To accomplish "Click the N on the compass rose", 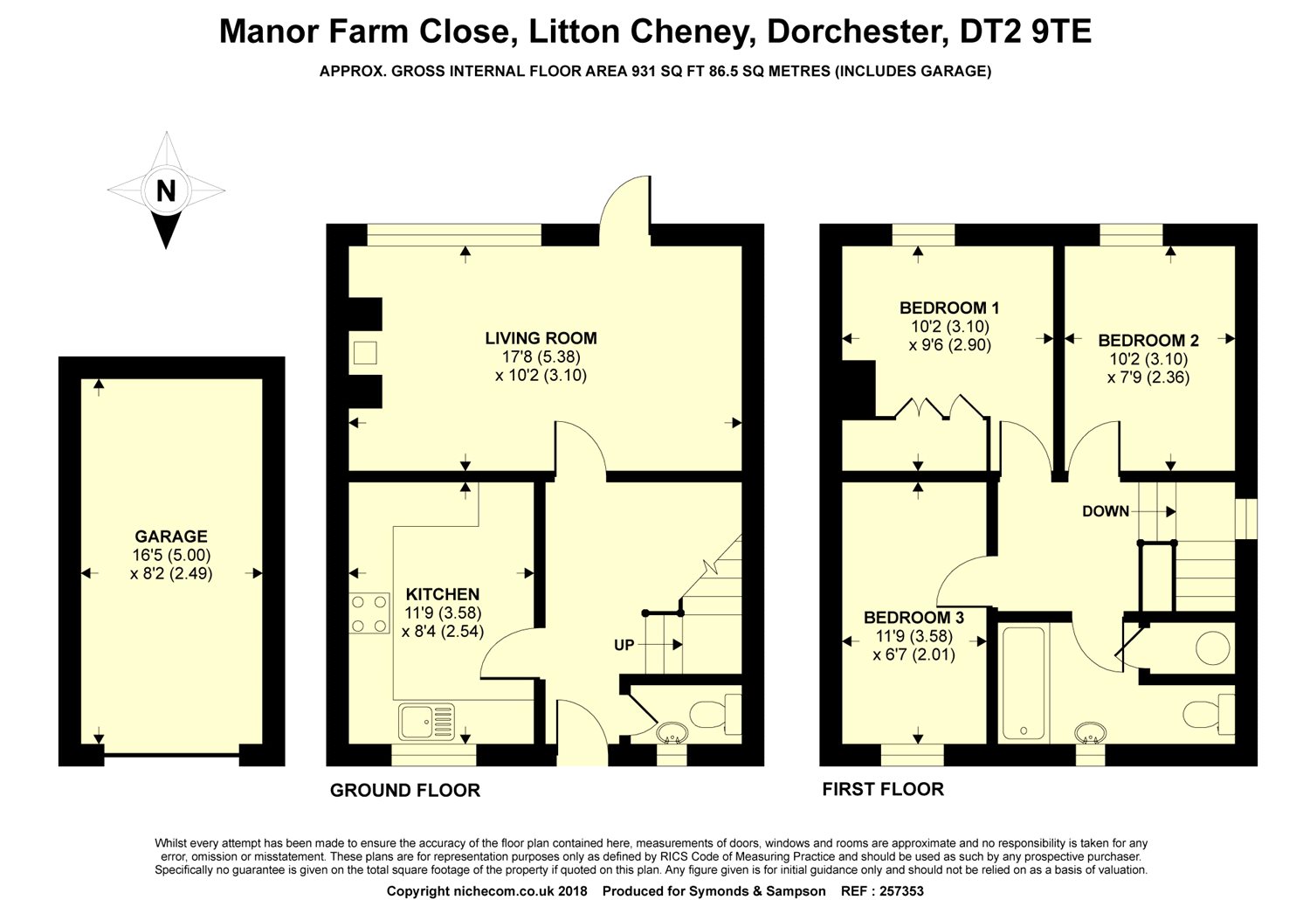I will tap(165, 190).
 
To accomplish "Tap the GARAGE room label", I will tap(171, 537).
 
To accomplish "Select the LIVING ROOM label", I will tap(541, 338).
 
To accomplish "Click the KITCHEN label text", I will tap(442, 594).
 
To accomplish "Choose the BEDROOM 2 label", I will tap(1148, 341).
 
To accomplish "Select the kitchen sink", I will tap(427, 723).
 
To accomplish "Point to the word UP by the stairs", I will tap(624, 646).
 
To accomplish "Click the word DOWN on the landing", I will tap(1105, 511).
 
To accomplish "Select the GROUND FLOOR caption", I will tap(404, 791).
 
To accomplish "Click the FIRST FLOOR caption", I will tap(883, 789).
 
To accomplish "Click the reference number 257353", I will tap(894, 891).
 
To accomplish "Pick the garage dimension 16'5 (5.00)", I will tap(171, 556).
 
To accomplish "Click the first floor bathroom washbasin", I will tap(1090, 731).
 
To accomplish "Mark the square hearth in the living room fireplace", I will tap(365, 352).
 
